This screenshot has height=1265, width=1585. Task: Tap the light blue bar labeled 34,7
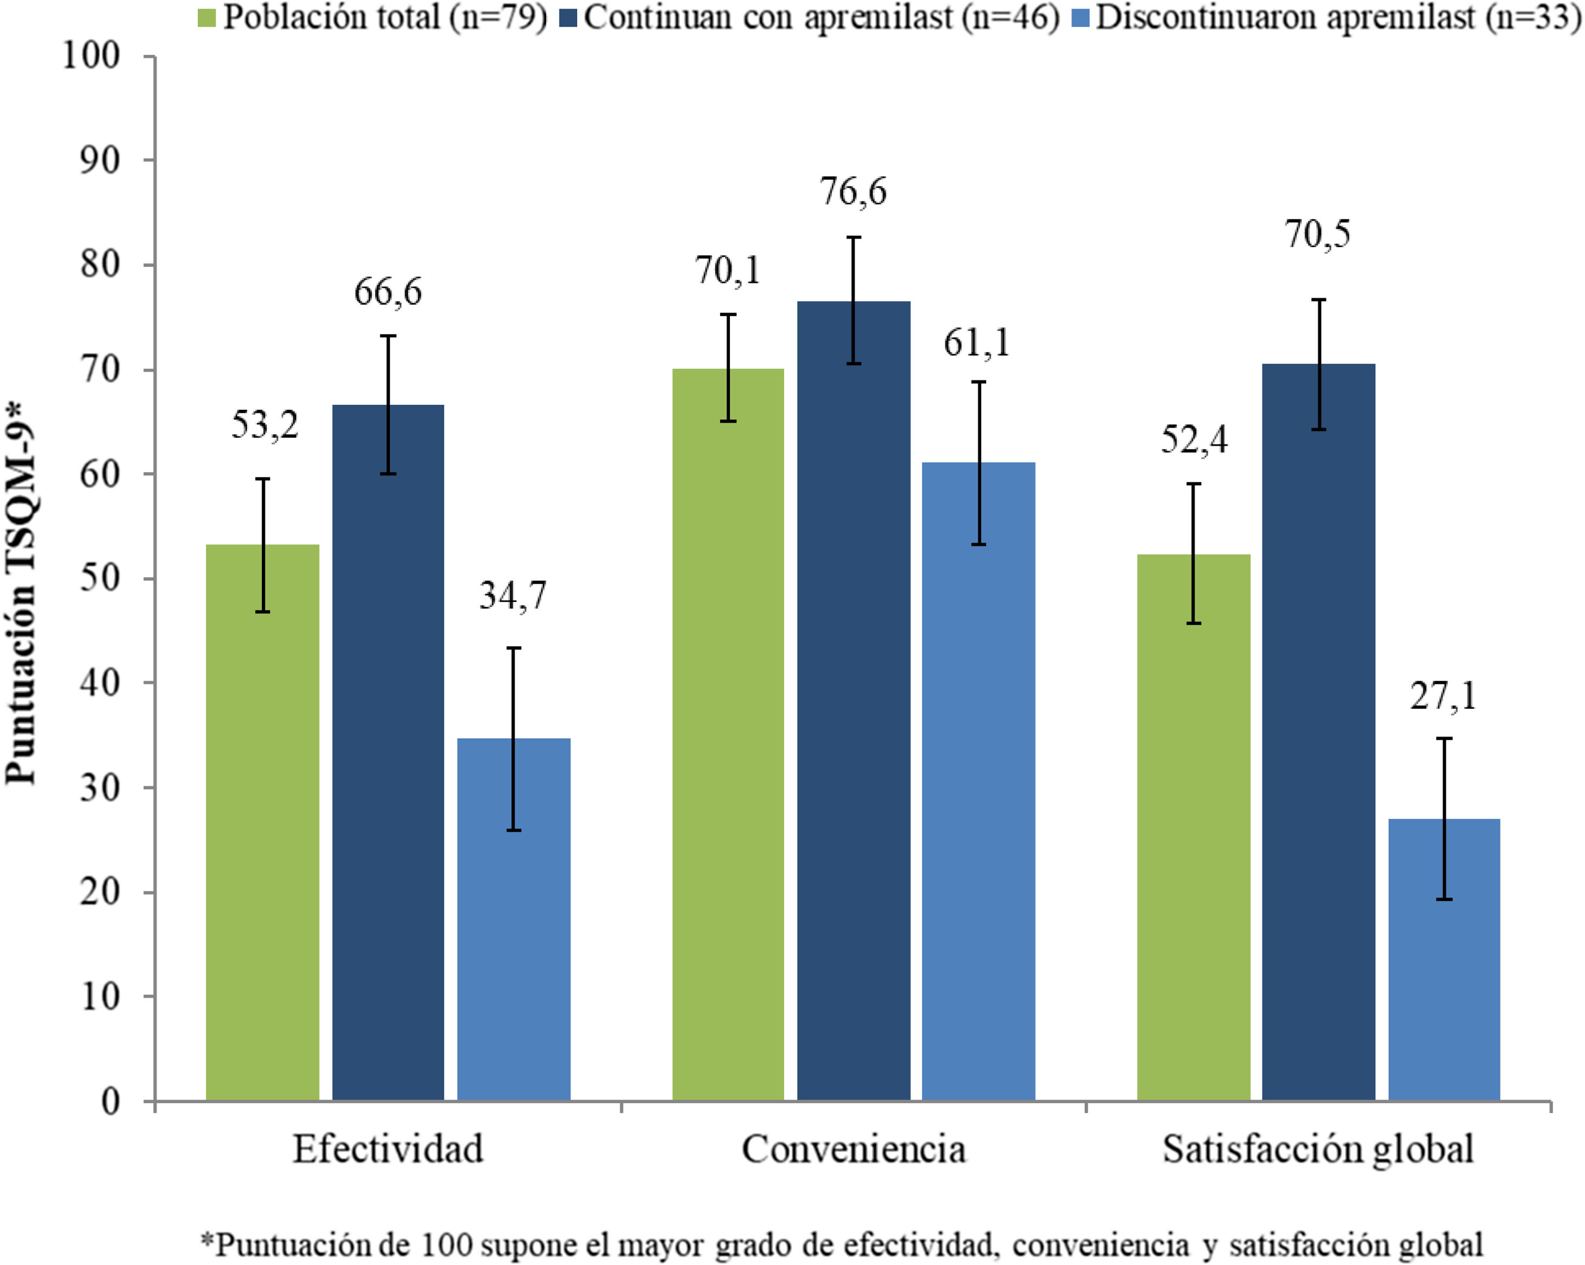pos(514,919)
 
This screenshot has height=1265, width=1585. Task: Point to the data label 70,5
pos(1317,235)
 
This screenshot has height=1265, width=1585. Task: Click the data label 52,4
pos(1194,439)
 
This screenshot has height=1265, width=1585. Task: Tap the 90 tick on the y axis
pos(100,160)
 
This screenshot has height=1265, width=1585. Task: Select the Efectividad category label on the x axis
pos(388,1149)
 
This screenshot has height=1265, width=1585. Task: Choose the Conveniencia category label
pos(853,1149)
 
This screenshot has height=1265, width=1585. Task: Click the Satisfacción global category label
pos(1317,1149)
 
